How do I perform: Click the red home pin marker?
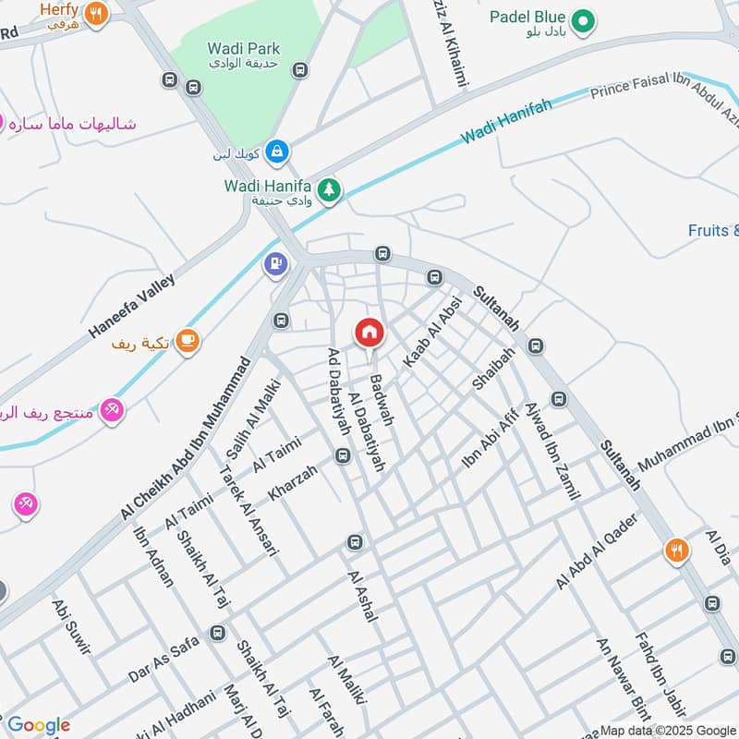coord(369,333)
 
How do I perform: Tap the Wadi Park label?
coord(244,48)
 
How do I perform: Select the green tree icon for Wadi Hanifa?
coord(330,191)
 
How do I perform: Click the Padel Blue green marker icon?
coord(582,19)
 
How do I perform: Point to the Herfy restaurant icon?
coord(96,14)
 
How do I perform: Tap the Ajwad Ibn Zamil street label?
coord(551,452)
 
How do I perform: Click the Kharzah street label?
coord(293,483)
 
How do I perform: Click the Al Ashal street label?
coord(363,596)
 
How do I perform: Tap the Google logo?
coord(39,725)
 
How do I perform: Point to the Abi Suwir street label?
coord(71,626)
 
